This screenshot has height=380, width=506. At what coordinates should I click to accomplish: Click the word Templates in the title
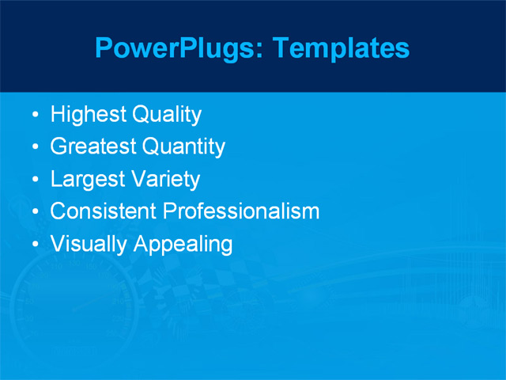[x=342, y=48]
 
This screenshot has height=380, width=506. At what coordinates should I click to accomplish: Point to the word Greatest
[x=93, y=147]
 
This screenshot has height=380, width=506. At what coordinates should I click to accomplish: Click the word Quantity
[x=183, y=147]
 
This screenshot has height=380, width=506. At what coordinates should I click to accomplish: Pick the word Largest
[x=87, y=180]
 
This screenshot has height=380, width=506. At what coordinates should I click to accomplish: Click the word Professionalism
[x=241, y=211]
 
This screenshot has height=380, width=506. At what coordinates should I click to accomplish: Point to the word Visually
[x=89, y=244]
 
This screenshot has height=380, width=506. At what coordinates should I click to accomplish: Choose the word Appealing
[x=183, y=245]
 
